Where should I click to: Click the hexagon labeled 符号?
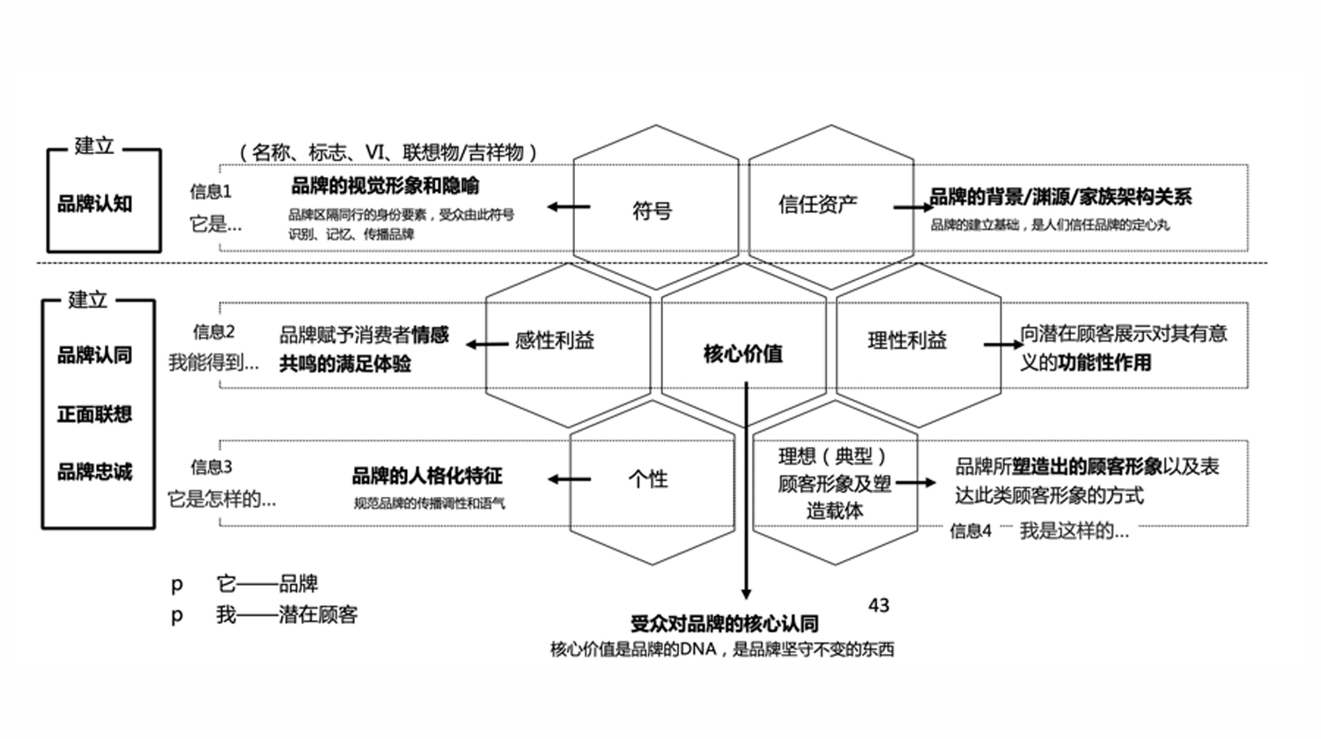pos(653,211)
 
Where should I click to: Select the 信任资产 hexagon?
pos(817,204)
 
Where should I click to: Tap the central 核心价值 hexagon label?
pos(742,353)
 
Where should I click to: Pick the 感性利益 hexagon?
pos(555,340)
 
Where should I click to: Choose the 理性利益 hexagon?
pos(907,340)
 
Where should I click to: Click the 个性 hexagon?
pos(648,478)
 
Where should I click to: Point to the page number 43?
pos(878,605)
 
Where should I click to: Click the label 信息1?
pos(210,191)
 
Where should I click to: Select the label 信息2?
pos(214,331)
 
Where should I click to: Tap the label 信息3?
pos(211,467)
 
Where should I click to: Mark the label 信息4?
pos(970,530)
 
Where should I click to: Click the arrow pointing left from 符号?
pos(568,207)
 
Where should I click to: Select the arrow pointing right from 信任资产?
pos(912,207)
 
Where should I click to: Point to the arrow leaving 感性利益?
pos(487,344)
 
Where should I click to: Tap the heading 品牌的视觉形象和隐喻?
pos(385,186)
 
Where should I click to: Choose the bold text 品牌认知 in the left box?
pos(94,203)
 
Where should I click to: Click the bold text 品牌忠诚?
pos(94,471)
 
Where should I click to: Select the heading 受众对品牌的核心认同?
pos(724,624)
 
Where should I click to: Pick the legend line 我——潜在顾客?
pos(286,615)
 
